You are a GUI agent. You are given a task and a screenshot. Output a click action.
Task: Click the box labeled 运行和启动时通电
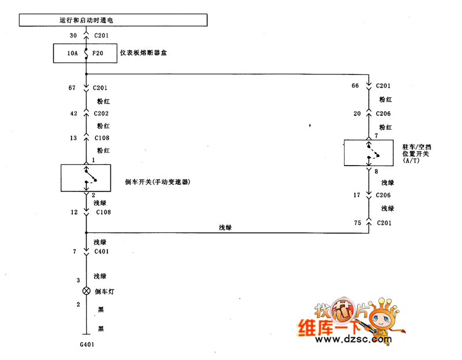113,20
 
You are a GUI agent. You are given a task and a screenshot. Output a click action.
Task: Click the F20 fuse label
98,54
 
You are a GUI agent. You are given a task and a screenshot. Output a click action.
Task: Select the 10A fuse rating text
72,54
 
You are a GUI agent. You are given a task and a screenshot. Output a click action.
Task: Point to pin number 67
73,88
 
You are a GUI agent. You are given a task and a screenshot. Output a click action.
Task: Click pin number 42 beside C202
73,114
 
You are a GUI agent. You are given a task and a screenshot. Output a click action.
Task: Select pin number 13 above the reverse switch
73,138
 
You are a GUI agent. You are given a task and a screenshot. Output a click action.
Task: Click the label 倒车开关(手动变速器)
158,182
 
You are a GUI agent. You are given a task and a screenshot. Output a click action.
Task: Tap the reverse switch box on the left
85,178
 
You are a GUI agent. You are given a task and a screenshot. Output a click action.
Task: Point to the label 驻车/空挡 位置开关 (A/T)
417,153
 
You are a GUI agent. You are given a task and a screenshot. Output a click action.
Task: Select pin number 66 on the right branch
355,86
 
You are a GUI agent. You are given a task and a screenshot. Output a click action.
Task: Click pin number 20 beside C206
356,114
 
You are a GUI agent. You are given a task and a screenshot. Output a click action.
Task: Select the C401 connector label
102,252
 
